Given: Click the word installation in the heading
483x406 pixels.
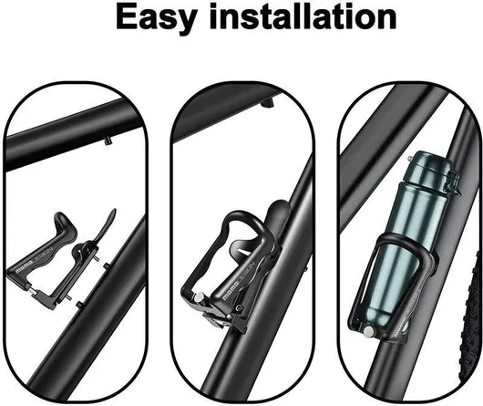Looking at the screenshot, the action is (x=303, y=17).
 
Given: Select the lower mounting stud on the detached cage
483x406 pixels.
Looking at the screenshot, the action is (x=68, y=297).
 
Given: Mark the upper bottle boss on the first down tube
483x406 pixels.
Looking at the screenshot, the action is (x=107, y=266).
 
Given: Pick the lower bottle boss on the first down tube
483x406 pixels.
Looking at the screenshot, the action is (x=79, y=304).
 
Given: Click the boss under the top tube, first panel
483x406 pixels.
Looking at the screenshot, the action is (x=108, y=141).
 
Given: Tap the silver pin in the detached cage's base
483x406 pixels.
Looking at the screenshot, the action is (x=31, y=289).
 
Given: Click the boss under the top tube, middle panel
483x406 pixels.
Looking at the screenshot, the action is (x=267, y=103).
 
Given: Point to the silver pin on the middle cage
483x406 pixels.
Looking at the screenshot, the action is (x=200, y=298).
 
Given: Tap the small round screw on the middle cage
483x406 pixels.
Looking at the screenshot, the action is (x=237, y=307).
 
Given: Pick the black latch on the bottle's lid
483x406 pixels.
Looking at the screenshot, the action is (x=453, y=182).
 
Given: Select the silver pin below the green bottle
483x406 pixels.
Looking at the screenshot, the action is (x=368, y=332).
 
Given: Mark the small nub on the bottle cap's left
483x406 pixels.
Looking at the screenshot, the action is (x=410, y=159).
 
